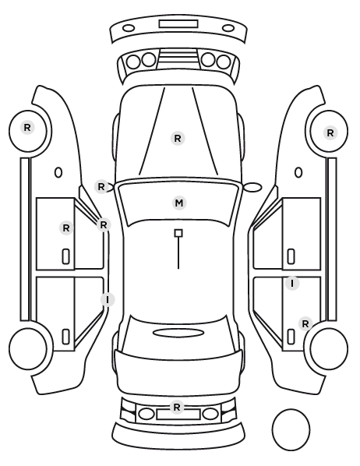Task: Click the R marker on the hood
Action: click(178, 138)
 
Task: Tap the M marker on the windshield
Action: click(179, 203)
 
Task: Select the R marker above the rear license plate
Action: click(177, 407)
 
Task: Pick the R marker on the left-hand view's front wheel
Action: click(27, 128)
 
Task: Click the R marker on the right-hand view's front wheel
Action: click(330, 133)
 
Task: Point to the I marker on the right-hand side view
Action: click(292, 283)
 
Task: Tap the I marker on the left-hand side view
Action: click(108, 299)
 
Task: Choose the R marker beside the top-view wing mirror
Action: click(101, 187)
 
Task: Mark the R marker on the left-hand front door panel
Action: click(66, 228)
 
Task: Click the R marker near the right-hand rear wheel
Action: click(305, 323)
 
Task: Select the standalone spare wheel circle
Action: click(291, 429)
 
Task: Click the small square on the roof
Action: click(178, 233)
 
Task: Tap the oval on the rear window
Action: click(178, 333)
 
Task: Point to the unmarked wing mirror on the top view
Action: click(252, 187)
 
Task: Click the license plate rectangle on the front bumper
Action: click(178, 24)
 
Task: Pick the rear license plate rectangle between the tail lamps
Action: click(178, 415)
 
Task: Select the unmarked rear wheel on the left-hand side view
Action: click(27, 348)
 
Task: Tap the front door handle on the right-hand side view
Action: click(291, 256)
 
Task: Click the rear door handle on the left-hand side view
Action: click(66, 337)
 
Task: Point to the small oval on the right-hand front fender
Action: click(298, 172)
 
